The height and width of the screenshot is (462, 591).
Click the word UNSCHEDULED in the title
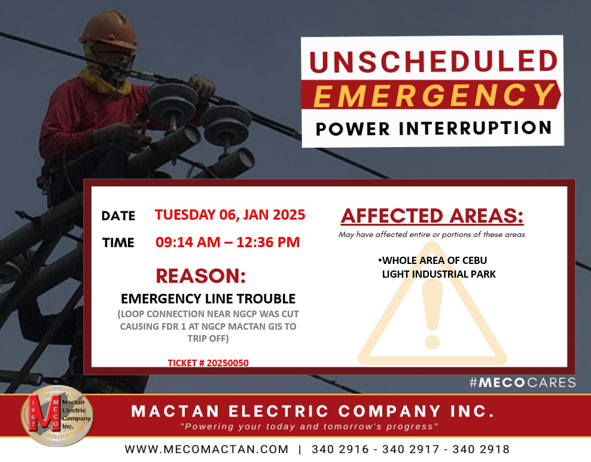[434, 61]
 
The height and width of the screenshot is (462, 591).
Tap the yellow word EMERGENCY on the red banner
[434, 95]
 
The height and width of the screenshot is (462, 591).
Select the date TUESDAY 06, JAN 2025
[230, 215]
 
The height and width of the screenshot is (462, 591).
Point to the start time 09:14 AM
[188, 242]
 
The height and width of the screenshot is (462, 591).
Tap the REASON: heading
[201, 276]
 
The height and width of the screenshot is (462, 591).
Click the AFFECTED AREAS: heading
[432, 215]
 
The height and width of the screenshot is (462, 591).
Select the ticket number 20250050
[228, 363]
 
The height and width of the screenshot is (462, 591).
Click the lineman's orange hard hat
[110, 30]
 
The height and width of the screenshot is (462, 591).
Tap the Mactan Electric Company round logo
[57, 415]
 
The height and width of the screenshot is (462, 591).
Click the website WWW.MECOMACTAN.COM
[206, 449]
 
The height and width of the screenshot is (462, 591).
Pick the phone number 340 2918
[481, 449]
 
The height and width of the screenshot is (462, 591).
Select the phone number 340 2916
[340, 449]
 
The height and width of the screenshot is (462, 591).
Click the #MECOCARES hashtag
[523, 382]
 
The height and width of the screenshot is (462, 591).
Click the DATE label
[118, 215]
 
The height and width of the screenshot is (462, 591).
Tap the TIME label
[118, 242]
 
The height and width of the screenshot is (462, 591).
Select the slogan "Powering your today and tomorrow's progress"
[309, 427]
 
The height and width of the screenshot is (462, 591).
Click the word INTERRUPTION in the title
[476, 128]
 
